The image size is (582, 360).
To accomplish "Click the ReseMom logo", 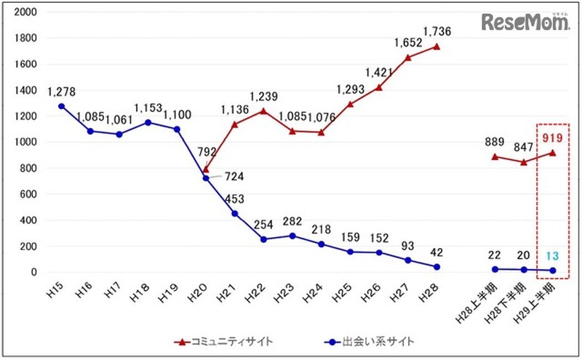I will (525, 23).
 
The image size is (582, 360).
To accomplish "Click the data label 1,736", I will (435, 32).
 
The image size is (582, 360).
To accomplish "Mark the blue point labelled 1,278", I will (61, 106).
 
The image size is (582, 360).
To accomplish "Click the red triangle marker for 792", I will (206, 169).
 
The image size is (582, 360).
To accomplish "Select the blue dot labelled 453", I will (235, 213).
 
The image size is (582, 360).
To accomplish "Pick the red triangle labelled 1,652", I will (409, 57).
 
